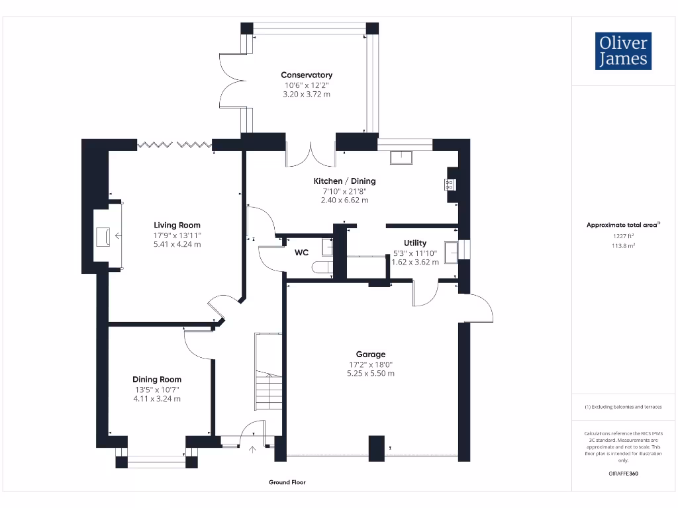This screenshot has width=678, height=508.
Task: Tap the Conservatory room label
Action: coord(306,75)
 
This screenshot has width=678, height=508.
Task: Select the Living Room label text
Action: coord(177,226)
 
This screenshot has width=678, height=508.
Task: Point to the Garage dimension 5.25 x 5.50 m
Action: coord(371,374)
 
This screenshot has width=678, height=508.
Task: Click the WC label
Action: coord(301,253)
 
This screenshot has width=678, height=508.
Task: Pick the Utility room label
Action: coord(415,243)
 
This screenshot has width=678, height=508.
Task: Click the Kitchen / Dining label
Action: coord(344,181)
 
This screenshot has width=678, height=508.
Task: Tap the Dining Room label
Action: coord(157,380)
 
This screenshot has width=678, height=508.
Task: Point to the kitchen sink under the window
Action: coord(401,157)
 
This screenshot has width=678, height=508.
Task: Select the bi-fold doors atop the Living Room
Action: coord(174,144)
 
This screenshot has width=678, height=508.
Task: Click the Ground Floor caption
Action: coord(287,483)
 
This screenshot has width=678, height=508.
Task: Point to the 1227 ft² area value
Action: coord(622,235)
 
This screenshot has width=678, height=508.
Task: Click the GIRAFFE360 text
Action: coord(622,474)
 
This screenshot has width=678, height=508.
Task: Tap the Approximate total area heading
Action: coord(622,225)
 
